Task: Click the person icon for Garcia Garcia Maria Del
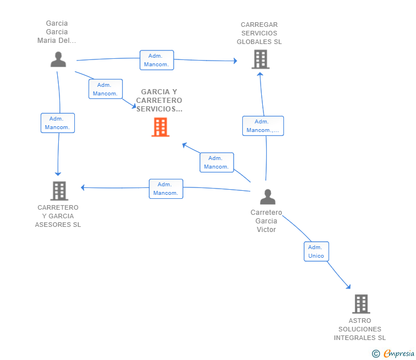[58, 59]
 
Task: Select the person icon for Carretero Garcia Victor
[267, 197]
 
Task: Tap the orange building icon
[161, 127]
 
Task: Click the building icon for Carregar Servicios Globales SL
[260, 59]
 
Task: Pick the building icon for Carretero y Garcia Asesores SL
[59, 191]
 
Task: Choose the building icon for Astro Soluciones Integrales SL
[361, 304]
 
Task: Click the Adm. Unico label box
[316, 251]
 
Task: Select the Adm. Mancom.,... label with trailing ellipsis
[263, 126]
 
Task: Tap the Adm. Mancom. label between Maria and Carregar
[157, 60]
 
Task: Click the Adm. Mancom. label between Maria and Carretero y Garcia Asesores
[57, 123]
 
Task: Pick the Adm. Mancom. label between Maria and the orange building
[105, 89]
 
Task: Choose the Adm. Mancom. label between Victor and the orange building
[216, 162]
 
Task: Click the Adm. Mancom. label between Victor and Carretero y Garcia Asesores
[166, 189]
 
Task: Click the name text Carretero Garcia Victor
[266, 221]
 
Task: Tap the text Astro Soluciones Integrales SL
[360, 329]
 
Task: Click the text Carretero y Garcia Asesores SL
[58, 216]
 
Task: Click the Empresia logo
[394, 354]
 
